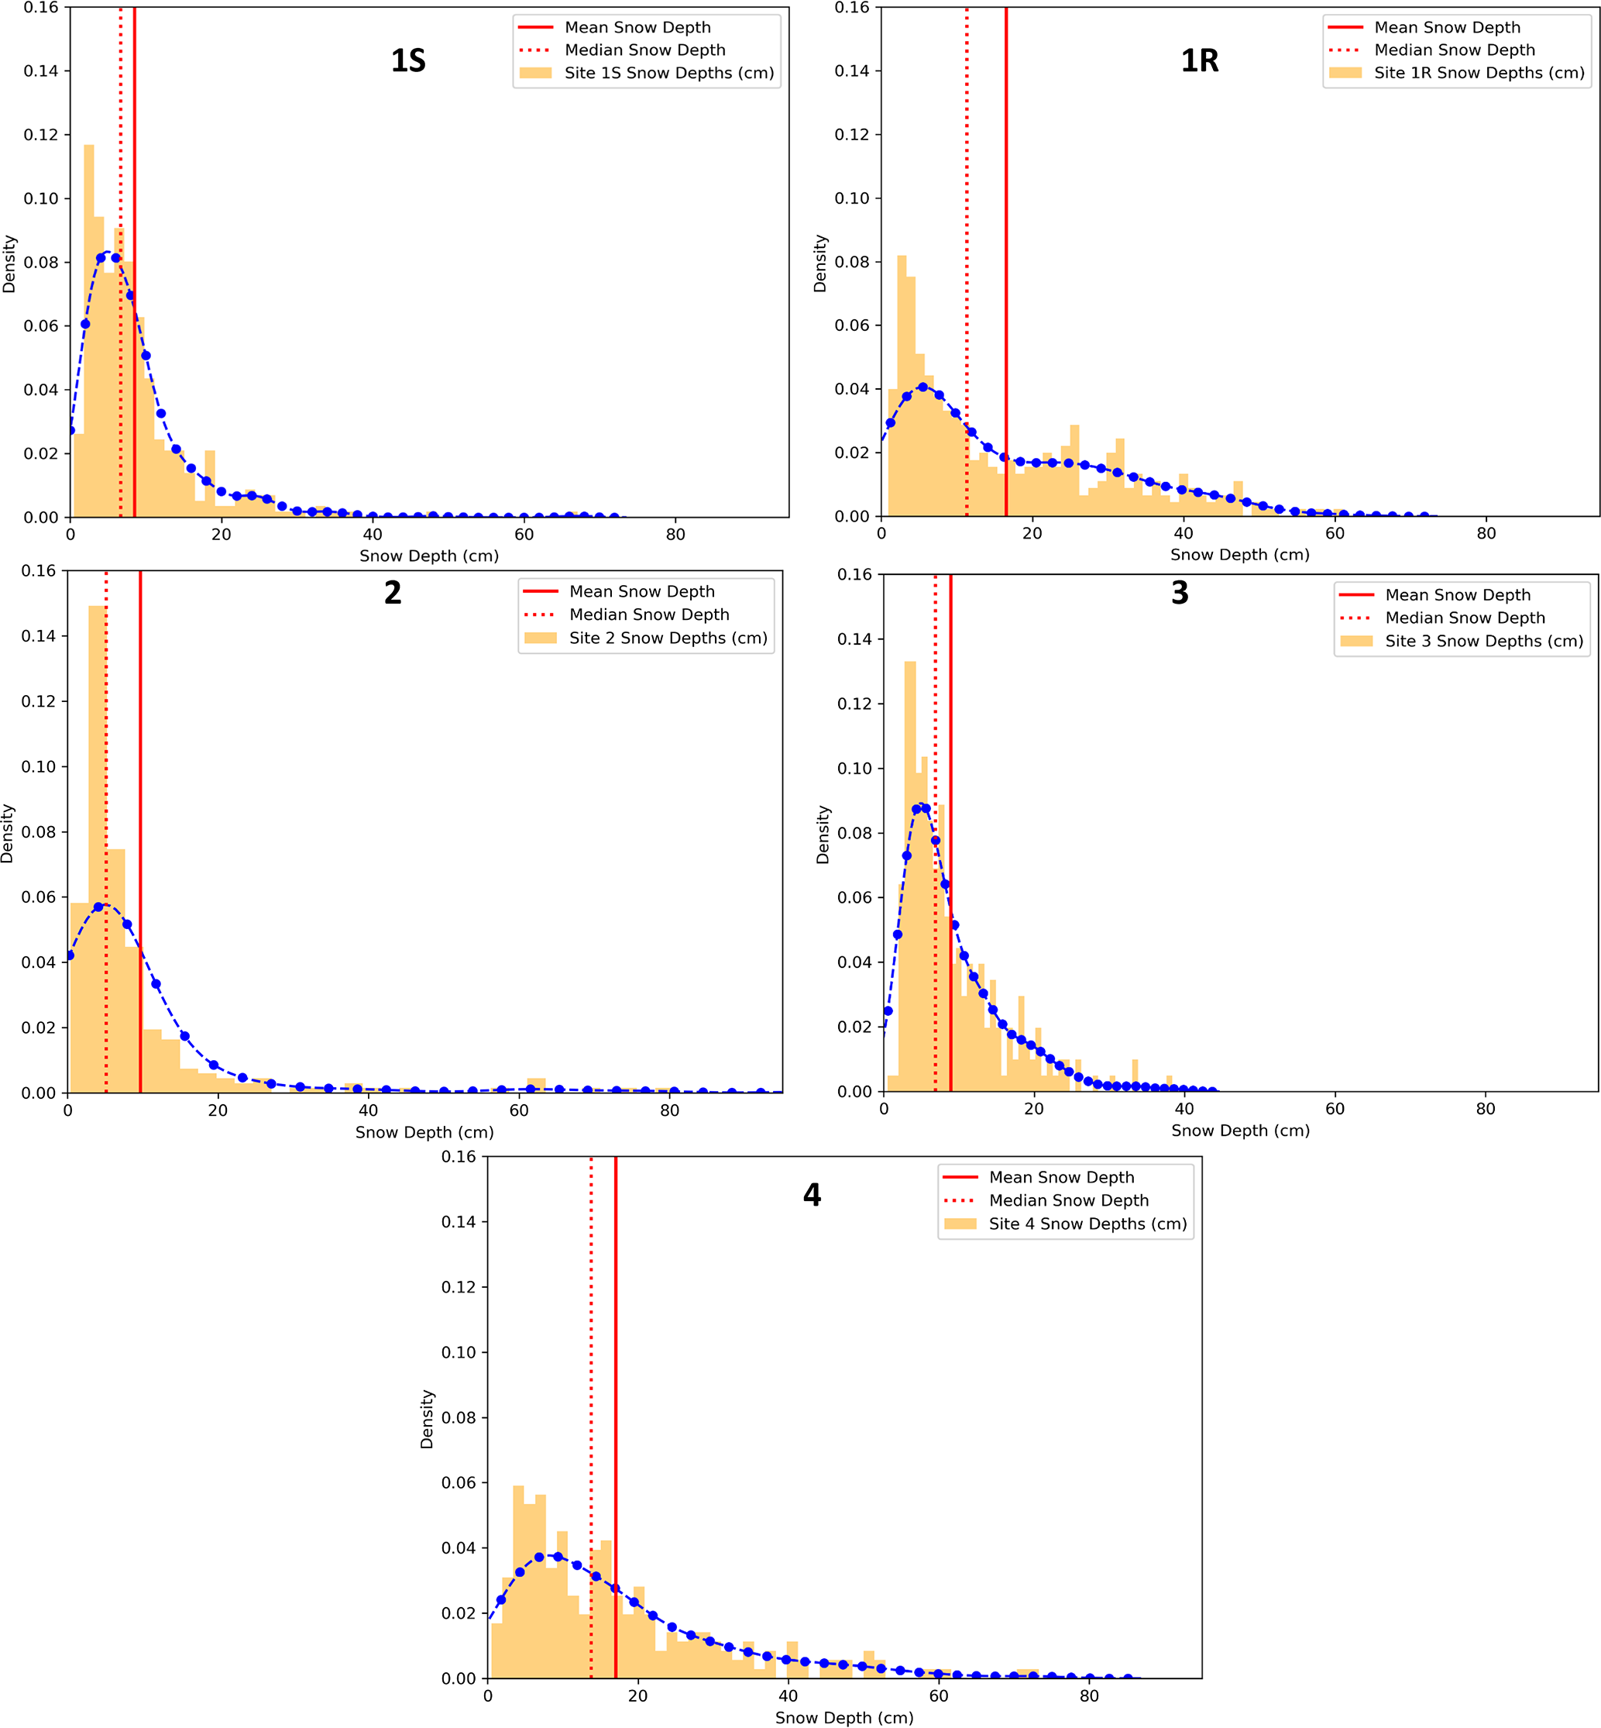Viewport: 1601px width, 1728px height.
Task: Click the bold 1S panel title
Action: click(x=408, y=60)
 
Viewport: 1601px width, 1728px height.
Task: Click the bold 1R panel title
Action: click(x=1200, y=60)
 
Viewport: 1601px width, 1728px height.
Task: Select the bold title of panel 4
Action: click(x=812, y=1195)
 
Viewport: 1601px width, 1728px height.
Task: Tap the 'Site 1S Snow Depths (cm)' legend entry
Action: click(x=668, y=73)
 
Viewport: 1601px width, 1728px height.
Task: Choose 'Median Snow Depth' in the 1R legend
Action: click(x=1454, y=50)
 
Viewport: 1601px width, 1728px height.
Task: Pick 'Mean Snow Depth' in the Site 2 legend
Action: click(x=641, y=592)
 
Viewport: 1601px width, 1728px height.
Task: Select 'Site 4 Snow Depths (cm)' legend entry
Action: click(x=1087, y=1224)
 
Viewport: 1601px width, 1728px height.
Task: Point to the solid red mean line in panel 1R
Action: click(x=1006, y=260)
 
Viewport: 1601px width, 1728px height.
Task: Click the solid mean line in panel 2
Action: click(x=140, y=780)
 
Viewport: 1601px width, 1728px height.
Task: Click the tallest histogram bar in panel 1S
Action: click(x=89, y=329)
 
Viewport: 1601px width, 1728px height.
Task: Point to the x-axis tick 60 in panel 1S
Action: click(x=524, y=535)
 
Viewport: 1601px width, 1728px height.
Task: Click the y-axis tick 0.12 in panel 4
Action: click(x=459, y=1287)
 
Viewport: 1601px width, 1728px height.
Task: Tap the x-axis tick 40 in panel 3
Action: click(x=1184, y=1108)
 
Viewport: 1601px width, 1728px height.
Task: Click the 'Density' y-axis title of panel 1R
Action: click(x=820, y=263)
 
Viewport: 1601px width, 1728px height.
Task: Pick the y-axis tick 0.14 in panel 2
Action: click(x=38, y=636)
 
